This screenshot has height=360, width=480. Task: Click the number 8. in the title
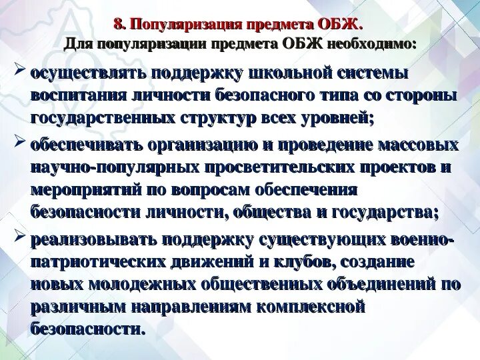click(x=120, y=25)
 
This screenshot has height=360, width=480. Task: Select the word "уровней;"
click(x=337, y=119)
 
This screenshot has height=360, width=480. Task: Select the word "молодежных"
click(x=133, y=284)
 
